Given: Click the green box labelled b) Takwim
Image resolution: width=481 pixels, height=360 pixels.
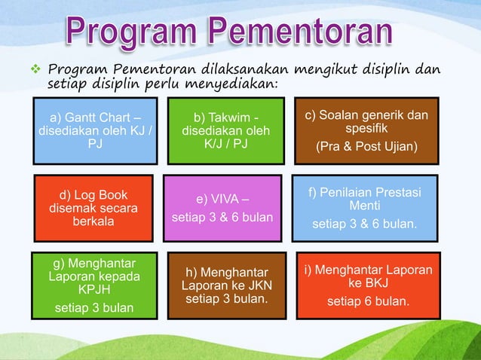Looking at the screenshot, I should click(225, 130).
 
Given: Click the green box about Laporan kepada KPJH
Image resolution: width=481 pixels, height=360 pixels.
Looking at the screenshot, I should click(94, 285).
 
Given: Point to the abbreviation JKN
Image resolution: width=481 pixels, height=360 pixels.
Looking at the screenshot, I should click(257, 286).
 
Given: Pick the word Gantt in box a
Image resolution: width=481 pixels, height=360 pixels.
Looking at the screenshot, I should click(78, 117).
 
